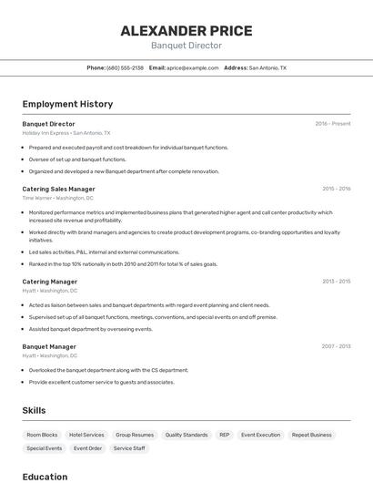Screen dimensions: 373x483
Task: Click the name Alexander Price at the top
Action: [x=186, y=30]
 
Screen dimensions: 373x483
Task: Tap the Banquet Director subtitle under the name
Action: [x=186, y=46]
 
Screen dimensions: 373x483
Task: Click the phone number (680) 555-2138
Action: [x=125, y=67]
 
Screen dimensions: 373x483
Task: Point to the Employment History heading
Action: [x=67, y=104]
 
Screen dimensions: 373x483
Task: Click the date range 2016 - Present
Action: [x=333, y=123]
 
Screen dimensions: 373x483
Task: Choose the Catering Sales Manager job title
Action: [x=58, y=189]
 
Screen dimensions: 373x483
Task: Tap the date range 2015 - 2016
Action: [x=336, y=189]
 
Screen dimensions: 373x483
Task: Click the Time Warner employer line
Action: [x=57, y=198]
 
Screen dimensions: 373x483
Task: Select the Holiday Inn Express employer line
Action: [x=66, y=132]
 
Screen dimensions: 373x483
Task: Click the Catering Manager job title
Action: [x=49, y=282]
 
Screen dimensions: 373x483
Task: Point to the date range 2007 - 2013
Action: [x=336, y=346]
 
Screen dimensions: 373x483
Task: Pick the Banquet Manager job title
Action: [x=49, y=346]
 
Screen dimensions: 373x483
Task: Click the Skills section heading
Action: [x=34, y=411]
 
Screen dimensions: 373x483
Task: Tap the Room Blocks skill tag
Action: [x=42, y=435]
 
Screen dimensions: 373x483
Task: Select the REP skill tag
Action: [x=224, y=435]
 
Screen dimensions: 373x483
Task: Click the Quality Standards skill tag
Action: [x=186, y=435]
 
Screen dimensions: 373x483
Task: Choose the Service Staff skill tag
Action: [x=129, y=448]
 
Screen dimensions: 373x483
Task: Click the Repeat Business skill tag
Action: [x=312, y=435]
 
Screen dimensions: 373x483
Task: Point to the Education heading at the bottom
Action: [x=45, y=477]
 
